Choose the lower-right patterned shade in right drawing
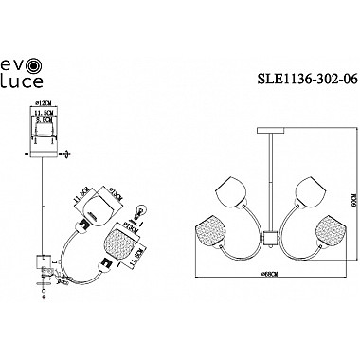(x=320, y=232)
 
